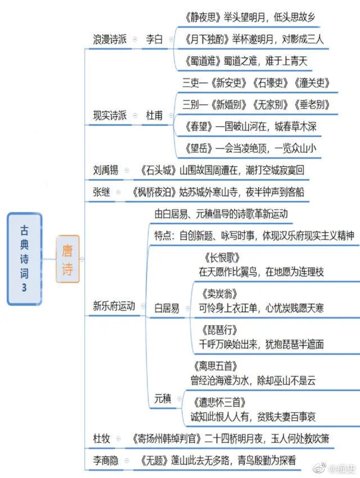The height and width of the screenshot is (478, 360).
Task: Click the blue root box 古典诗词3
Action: [24, 259]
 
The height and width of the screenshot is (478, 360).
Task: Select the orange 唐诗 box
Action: [67, 259]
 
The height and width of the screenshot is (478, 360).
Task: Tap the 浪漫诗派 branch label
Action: [110, 39]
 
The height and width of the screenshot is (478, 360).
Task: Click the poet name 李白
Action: [154, 39]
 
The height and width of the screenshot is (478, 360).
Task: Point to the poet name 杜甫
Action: [154, 115]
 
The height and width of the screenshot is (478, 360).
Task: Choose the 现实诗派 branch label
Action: [110, 115]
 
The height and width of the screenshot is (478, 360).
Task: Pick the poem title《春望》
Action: [199, 126]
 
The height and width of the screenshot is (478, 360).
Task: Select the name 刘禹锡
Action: [105, 170]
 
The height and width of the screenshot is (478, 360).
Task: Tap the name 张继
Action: [101, 192]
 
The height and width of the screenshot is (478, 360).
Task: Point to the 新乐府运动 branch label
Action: [114, 306]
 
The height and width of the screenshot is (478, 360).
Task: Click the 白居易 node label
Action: [166, 308]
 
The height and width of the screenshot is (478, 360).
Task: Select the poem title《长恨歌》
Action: [222, 258]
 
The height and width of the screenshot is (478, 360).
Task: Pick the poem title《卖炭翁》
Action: [219, 293]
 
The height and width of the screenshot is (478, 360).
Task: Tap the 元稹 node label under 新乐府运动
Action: [163, 399]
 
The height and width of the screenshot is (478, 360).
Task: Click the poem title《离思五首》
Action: [215, 366]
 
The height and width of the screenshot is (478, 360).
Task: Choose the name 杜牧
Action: [101, 439]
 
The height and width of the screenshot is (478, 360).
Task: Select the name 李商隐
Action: [105, 461]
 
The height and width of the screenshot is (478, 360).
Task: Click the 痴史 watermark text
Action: [346, 468]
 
